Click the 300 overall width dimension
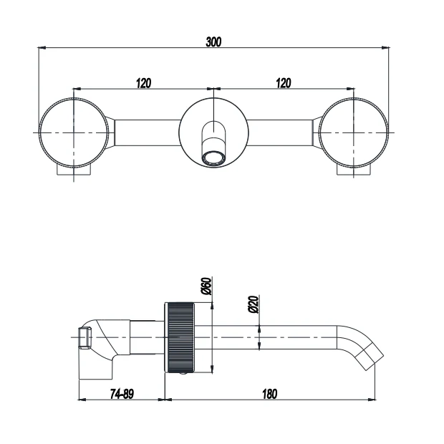[x=213, y=42]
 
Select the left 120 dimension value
[x=143, y=84]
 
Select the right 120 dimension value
[x=284, y=84]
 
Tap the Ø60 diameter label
[x=206, y=287]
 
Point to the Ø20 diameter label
[x=253, y=306]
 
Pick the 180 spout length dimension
[x=269, y=393]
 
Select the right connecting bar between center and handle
[x=281, y=133]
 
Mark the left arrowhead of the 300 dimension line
[x=42, y=48]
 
